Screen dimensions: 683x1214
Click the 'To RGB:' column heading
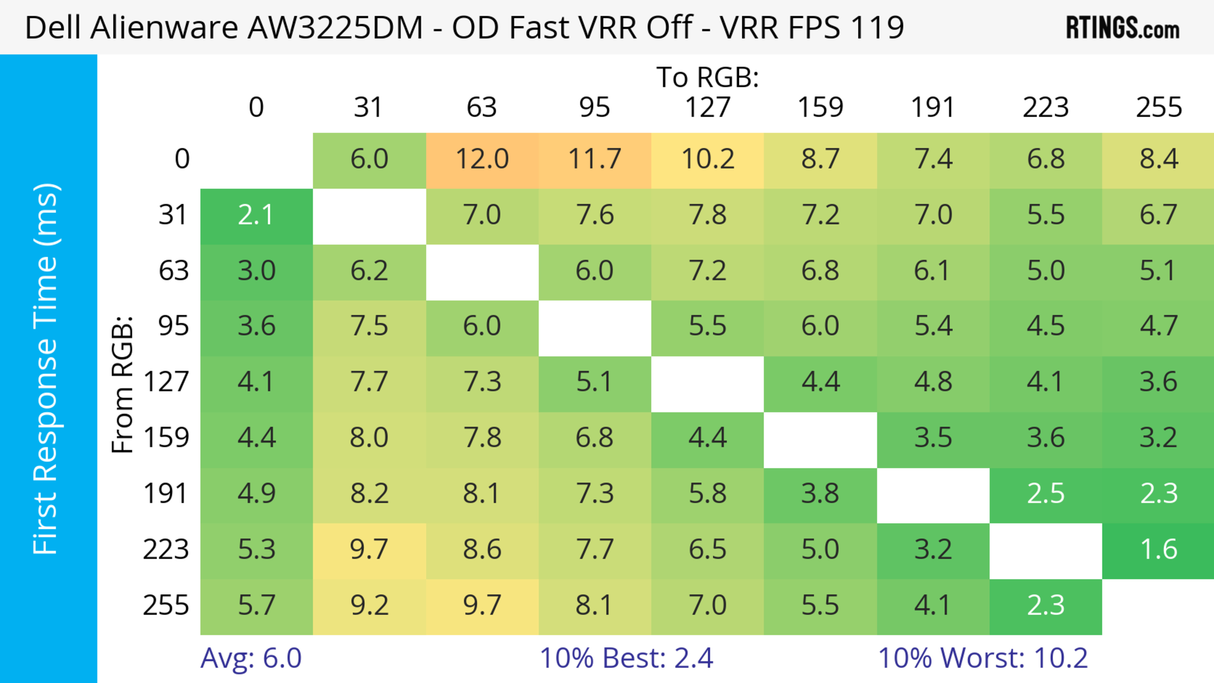click(708, 77)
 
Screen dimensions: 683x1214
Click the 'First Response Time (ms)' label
click(46, 368)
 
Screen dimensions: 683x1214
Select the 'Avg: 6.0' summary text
click(251, 658)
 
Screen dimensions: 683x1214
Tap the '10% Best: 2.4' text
click(626, 658)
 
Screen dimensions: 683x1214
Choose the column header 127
click(708, 107)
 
